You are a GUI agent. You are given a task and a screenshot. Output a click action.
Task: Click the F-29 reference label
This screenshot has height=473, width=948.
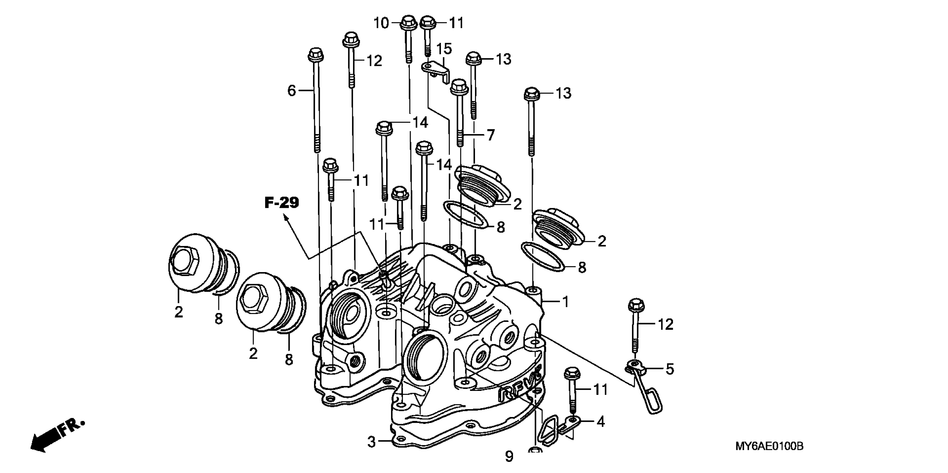282,203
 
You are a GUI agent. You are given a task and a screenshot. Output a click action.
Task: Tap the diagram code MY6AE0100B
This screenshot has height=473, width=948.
769,447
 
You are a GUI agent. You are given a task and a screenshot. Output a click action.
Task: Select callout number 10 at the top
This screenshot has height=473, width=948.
381,23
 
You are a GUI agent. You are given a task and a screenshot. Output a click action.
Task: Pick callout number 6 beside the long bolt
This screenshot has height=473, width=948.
291,90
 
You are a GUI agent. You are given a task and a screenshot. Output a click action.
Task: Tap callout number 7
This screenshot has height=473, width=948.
491,135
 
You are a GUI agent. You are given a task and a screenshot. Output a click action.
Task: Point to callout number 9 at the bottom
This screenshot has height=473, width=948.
509,457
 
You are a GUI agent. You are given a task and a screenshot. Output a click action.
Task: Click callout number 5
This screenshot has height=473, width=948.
670,369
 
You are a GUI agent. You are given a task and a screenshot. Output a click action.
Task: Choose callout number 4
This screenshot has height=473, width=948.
601,422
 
